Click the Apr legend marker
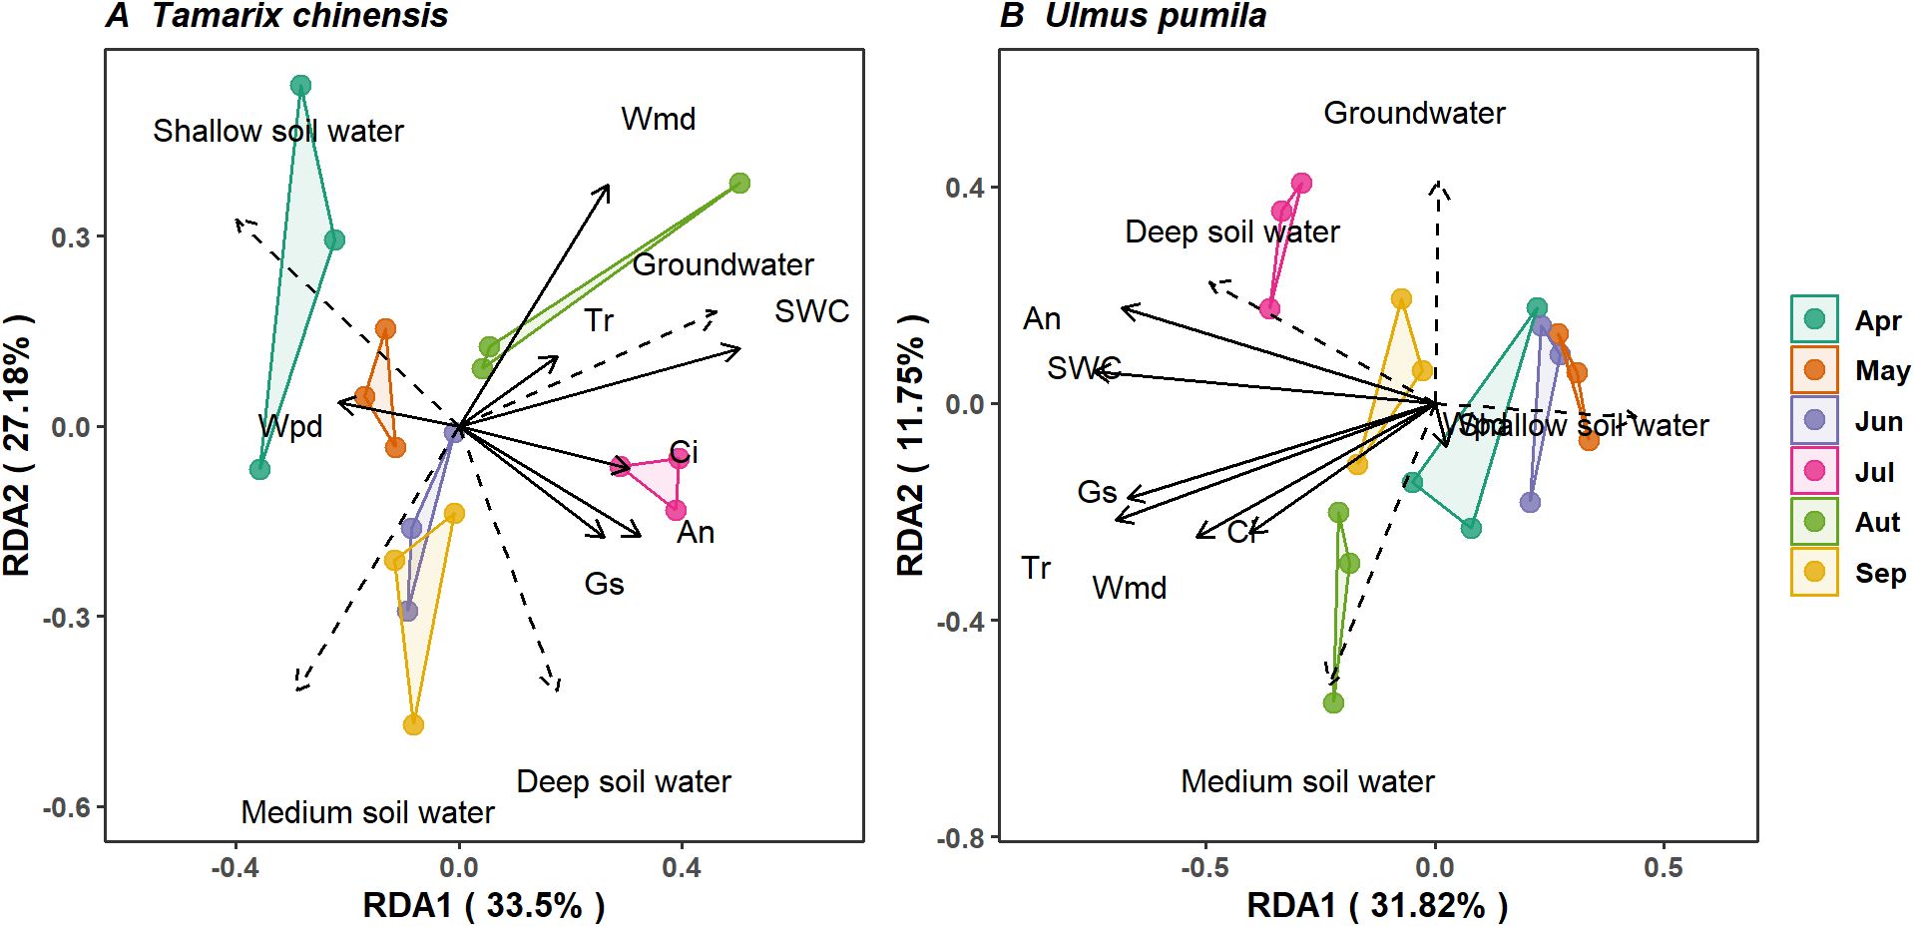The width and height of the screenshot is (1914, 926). click(x=1814, y=319)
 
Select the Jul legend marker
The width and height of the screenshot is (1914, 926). click(x=1814, y=471)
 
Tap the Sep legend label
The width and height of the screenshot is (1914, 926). click(x=1880, y=573)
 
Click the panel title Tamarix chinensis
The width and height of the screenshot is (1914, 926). click(x=299, y=16)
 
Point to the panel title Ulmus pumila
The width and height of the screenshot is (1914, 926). click(x=1155, y=16)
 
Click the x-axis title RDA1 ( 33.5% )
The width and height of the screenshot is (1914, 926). click(x=483, y=905)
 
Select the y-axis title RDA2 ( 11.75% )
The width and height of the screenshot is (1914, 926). click(x=910, y=445)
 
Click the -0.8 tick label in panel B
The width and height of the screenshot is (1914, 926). click(x=959, y=837)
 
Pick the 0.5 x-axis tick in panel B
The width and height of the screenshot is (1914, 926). click(x=1663, y=867)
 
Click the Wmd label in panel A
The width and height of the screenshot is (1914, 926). click(x=658, y=119)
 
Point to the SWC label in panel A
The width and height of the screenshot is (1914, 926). click(x=811, y=311)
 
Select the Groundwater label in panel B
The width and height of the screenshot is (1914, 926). click(x=1414, y=113)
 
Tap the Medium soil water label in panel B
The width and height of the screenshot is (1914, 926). click(x=1307, y=781)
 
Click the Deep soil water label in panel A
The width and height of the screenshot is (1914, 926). click(x=624, y=781)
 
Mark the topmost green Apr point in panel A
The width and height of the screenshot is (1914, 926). click(x=300, y=86)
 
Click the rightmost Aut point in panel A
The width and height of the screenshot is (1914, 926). click(x=739, y=184)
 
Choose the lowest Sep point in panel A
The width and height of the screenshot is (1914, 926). click(x=413, y=724)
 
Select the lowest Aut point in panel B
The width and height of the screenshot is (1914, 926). click(x=1333, y=702)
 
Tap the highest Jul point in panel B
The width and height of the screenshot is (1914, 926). click(x=1301, y=184)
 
